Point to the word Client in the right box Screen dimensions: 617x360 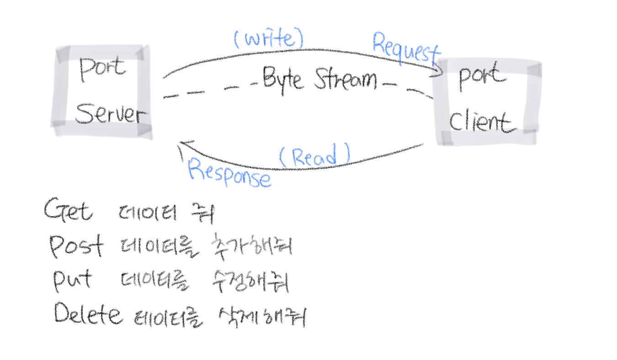(x=479, y=122)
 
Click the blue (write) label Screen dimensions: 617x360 (x=269, y=39)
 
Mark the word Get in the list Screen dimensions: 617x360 (x=69, y=211)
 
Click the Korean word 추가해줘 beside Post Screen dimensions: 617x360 (x=252, y=247)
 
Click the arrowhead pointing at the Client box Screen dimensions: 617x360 (x=440, y=71)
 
